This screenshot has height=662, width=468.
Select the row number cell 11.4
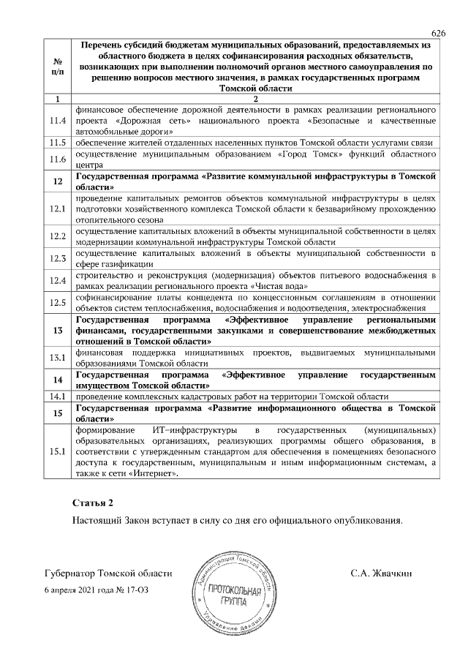[x=57, y=119]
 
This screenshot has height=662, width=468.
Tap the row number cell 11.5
[x=57, y=142]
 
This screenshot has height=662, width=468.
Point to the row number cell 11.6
[x=57, y=159]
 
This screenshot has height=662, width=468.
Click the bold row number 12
[x=57, y=181]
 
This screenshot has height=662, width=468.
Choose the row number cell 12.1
[x=57, y=209]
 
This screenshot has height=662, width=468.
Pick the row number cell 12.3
[x=57, y=257]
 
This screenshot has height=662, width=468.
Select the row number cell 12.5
[x=57, y=303]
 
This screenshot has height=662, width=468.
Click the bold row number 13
[x=57, y=330]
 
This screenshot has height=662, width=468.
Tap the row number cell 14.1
[x=57, y=396]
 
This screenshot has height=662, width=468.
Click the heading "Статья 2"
[x=94, y=505]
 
